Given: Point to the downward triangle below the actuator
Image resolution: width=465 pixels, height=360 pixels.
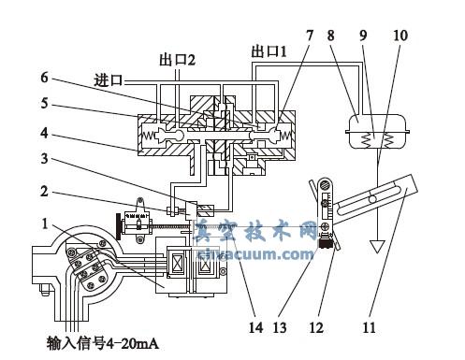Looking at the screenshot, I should [x=380, y=248].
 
